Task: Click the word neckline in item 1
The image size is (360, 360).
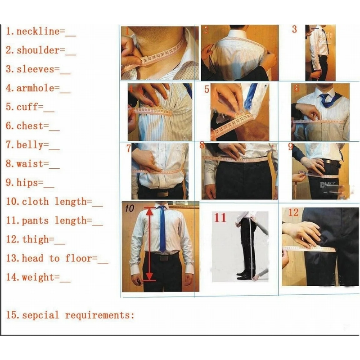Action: pyautogui.click(x=38, y=31)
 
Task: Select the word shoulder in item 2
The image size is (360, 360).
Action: pyautogui.click(x=38, y=50)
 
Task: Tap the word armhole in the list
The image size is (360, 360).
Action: pyautogui.click(x=35, y=88)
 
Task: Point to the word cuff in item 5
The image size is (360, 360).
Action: pyautogui.click(x=27, y=107)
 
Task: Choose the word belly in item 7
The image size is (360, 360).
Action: pyautogui.click(x=30, y=145)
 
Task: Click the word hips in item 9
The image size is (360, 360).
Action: pyautogui.click(x=27, y=183)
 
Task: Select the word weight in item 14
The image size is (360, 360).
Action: pyautogui.click(x=38, y=277)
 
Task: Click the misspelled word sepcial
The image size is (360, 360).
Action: pyautogui.click(x=40, y=315)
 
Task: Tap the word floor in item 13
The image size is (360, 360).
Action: pyautogui.click(x=78, y=258)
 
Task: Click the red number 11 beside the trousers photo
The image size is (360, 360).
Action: pyautogui.click(x=220, y=217)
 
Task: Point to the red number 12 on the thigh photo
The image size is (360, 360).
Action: pyautogui.click(x=293, y=212)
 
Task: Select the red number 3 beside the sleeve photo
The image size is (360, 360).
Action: pyautogui.click(x=294, y=29)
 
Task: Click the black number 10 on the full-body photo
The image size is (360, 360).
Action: pyautogui.click(x=130, y=208)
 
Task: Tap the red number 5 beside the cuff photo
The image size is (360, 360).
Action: pyautogui.click(x=207, y=89)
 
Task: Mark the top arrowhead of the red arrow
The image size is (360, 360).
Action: pyautogui.click(x=149, y=211)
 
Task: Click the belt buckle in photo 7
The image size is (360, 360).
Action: pyautogui.click(x=163, y=194)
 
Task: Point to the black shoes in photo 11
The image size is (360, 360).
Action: pyautogui.click(x=243, y=275)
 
